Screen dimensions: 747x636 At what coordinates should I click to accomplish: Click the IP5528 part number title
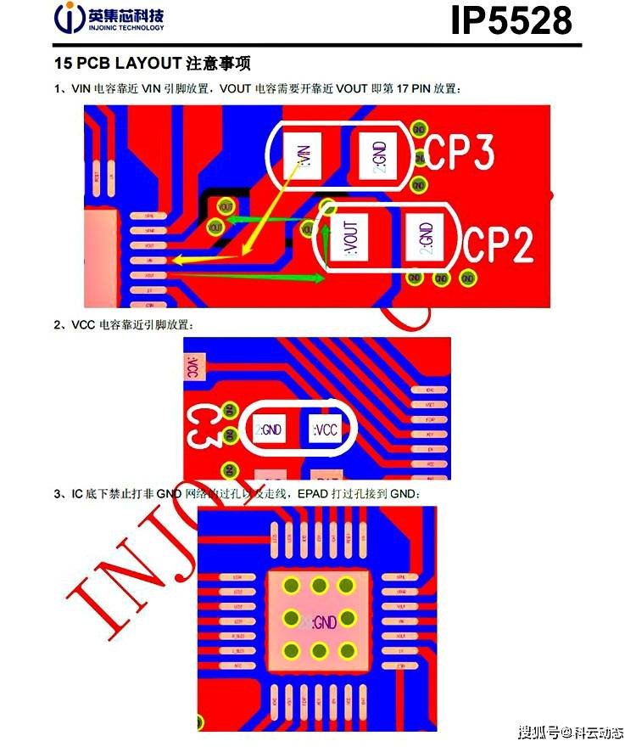pos(510,20)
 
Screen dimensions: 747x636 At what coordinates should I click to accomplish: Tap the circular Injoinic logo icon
pos(69,18)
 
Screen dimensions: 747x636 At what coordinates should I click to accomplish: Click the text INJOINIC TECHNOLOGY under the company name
pos(126,28)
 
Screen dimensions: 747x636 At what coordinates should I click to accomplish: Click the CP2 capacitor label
pos(499,246)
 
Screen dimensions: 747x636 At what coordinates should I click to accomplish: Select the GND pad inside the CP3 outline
pos(378,155)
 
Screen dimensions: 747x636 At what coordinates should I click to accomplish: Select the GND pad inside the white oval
pos(271,430)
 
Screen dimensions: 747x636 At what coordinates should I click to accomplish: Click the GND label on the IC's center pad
pos(324,622)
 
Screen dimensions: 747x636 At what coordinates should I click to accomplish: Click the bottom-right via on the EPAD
pos(347,650)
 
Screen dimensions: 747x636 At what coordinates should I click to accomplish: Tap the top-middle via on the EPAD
pos(320,585)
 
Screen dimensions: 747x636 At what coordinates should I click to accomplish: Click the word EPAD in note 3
pos(314,494)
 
